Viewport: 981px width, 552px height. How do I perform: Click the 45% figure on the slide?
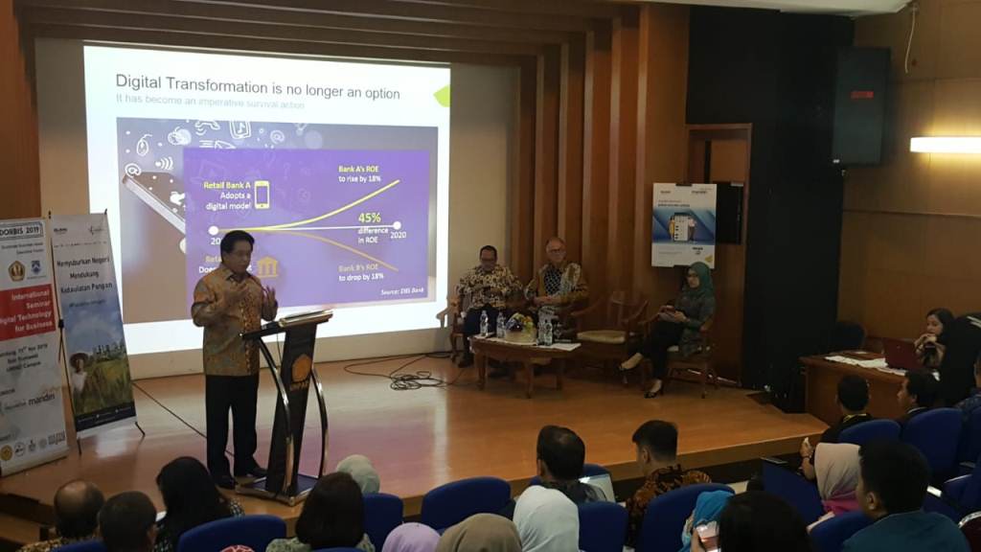[369, 218]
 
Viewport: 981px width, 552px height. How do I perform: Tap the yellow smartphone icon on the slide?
[261, 195]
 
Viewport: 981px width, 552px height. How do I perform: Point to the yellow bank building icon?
[266, 266]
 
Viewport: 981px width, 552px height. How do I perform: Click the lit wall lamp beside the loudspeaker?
[945, 145]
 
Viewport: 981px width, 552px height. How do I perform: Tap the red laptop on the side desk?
[901, 353]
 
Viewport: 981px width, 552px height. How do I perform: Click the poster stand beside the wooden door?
[683, 225]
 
